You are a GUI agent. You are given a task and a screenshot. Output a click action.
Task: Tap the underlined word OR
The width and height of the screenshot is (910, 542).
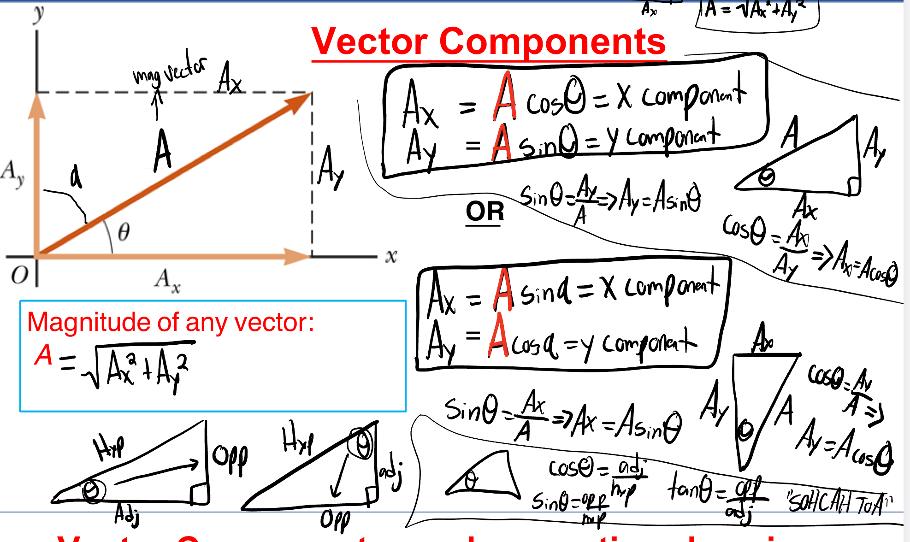click(485, 212)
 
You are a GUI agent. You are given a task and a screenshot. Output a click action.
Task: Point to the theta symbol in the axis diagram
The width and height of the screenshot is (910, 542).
click(124, 232)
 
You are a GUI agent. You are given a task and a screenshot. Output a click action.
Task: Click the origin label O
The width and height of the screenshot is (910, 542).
click(19, 276)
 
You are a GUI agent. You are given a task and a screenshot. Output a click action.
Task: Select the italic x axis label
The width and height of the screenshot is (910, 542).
click(391, 256)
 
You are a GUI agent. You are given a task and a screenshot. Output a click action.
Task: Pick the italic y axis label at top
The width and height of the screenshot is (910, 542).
click(39, 14)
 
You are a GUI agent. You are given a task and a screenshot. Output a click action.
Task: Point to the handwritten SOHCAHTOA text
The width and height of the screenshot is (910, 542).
click(839, 502)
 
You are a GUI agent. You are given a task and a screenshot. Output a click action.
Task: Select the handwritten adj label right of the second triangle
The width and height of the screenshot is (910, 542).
click(391, 475)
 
